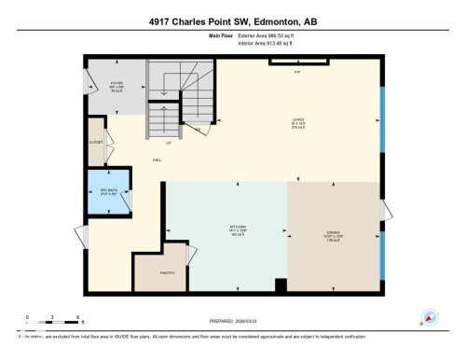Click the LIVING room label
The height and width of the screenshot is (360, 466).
299,119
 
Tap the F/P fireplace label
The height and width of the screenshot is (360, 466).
297,72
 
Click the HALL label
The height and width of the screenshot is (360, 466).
158,159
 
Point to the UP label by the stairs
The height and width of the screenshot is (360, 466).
168,143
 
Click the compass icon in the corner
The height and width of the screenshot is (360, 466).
430,317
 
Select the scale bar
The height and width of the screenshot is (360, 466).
53,322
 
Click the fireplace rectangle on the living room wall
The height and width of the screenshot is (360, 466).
298,63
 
